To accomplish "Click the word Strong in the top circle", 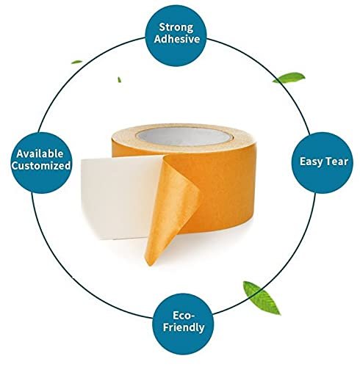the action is pos(176,27).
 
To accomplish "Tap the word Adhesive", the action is pos(177,39).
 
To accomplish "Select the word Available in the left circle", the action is pos(40,153).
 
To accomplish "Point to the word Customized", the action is pos(41,166).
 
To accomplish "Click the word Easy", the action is pos(310,161).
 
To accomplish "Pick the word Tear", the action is pos(336,161).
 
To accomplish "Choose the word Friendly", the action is pos(184,327).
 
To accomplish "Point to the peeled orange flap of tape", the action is pos(171,208).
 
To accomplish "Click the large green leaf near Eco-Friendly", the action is pos(261,297).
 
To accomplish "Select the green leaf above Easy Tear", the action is pos(289,78).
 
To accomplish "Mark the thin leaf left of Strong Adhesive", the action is pos(76,62).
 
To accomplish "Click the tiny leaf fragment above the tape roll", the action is pos(119,79).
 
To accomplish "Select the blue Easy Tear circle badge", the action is pos(322,163).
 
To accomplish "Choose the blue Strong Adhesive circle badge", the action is pos(176,35).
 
